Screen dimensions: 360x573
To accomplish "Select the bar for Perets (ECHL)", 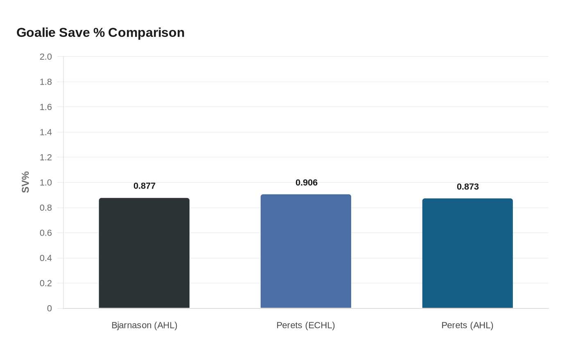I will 306,251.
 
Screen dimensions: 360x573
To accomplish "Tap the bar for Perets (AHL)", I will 467,253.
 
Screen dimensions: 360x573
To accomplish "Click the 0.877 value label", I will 144,186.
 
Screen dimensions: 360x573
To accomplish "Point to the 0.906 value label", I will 307,183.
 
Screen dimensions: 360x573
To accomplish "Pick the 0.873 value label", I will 468,187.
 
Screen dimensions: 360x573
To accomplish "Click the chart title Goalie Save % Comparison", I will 100,33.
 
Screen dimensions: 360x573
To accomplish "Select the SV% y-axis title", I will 26,182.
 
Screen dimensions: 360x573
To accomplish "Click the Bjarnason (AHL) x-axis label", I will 144,326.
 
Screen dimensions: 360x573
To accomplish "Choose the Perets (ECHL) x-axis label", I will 306,326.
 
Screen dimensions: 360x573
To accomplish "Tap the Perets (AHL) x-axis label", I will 467,326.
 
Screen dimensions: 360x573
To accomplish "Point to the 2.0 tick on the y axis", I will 46,57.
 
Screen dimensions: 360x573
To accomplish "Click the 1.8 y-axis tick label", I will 46,82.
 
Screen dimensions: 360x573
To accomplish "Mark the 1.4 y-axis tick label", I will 46,133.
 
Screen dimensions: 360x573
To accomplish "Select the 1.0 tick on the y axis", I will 46,183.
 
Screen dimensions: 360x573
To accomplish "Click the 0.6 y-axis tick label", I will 46,233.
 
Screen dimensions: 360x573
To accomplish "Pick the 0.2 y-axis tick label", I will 46,283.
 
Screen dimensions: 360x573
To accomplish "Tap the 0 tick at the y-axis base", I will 50,309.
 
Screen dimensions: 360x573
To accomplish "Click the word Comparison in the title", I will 146,33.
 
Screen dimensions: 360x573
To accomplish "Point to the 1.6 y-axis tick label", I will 46,107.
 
